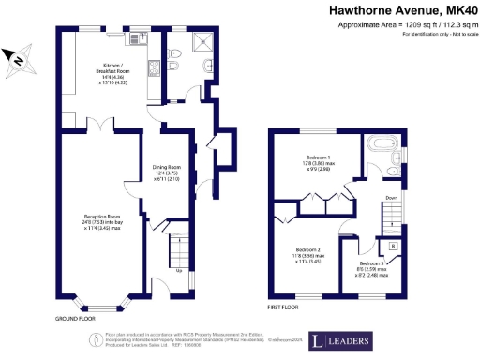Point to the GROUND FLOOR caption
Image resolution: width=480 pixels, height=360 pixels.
click(x=75, y=319)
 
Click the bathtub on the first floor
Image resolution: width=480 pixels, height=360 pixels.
click(x=382, y=144)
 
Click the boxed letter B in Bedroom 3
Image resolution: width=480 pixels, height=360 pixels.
click(x=392, y=245)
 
